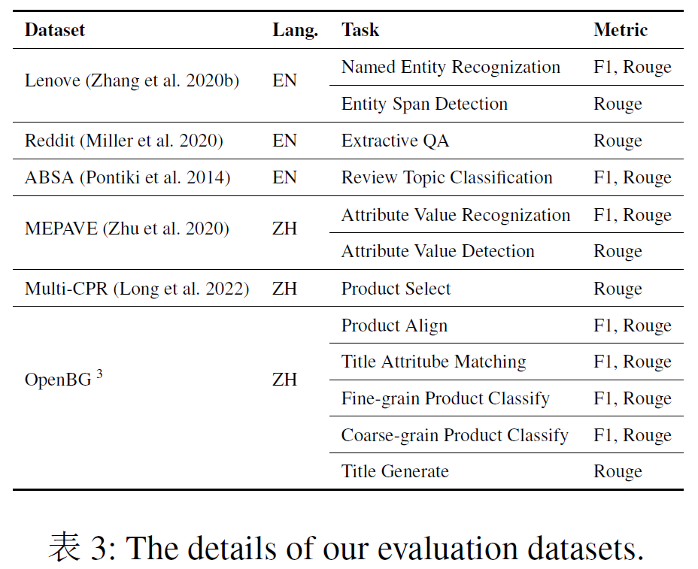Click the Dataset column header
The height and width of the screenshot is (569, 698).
pyautogui.click(x=55, y=30)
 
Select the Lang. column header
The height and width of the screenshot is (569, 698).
pyautogui.click(x=295, y=31)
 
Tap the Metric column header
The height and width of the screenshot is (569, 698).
pyautogui.click(x=621, y=30)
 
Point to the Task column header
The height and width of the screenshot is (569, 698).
pyautogui.click(x=360, y=30)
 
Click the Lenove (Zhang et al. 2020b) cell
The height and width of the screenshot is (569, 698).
pyautogui.click(x=132, y=80)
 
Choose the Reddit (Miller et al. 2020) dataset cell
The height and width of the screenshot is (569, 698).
pyautogui.click(x=124, y=141)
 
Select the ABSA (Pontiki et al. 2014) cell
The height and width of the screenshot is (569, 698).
pyautogui.click(x=128, y=177)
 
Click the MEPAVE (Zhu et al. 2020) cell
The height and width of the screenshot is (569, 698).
pyautogui.click(x=127, y=228)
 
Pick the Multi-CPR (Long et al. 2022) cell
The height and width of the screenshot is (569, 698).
pyautogui.click(x=137, y=289)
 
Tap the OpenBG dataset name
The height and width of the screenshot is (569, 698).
pyautogui.click(x=58, y=380)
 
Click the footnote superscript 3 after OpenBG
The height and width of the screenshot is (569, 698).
pyautogui.click(x=99, y=374)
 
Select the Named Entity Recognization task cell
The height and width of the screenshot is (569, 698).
pyautogui.click(x=451, y=68)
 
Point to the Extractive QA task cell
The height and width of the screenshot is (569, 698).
pyautogui.click(x=396, y=141)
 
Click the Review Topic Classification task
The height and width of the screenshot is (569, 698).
pyautogui.click(x=447, y=177)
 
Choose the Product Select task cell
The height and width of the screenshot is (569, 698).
pyautogui.click(x=396, y=289)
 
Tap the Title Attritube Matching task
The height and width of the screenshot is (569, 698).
pyautogui.click(x=434, y=362)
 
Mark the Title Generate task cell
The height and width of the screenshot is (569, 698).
pyautogui.click(x=395, y=471)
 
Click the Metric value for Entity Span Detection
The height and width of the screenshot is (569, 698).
pyautogui.click(x=618, y=104)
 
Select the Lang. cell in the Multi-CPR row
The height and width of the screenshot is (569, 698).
pyautogui.click(x=284, y=289)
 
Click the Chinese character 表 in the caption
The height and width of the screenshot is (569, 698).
pyautogui.click(x=64, y=546)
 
